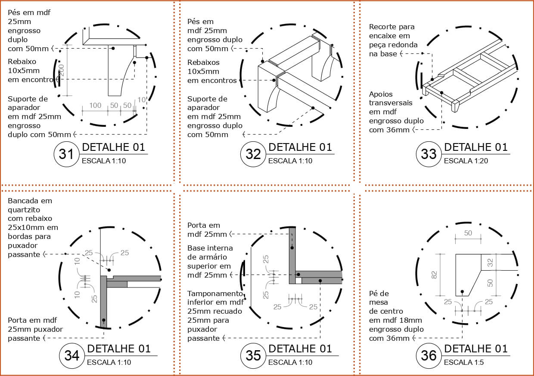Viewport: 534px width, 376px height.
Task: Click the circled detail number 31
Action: (x=66, y=154)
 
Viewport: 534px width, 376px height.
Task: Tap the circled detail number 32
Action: (x=253, y=154)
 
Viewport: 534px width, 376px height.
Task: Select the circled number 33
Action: (x=428, y=154)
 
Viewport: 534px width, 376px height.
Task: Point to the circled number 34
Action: (x=71, y=355)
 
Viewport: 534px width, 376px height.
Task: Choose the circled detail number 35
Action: (x=253, y=355)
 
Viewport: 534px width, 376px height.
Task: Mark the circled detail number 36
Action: (x=428, y=355)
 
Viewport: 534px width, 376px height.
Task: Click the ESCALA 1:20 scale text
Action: (x=466, y=161)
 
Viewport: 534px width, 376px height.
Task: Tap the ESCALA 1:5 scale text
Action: (x=464, y=362)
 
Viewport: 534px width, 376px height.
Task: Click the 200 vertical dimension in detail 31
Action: (x=61, y=70)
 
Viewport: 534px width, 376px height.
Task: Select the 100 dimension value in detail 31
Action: (x=95, y=105)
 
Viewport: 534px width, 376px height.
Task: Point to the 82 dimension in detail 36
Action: (x=434, y=275)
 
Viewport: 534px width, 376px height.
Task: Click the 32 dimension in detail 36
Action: (x=490, y=263)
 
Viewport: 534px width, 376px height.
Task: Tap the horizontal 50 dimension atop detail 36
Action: (x=468, y=233)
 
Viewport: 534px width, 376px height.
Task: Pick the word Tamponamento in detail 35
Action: (x=215, y=294)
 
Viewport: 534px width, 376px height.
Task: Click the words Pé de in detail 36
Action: (x=379, y=294)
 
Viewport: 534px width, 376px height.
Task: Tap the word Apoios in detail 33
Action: (x=381, y=95)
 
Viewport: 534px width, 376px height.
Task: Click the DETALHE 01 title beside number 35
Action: (x=300, y=349)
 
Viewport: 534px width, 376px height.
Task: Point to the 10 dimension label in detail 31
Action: (x=142, y=100)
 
